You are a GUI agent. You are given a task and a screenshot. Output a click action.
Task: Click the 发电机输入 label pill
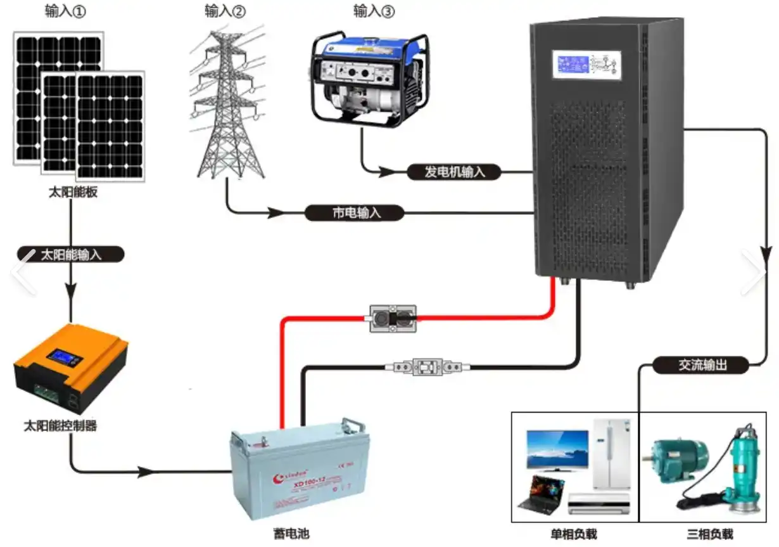coord(453,171)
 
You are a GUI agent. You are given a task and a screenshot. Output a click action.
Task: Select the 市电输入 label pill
coord(354,213)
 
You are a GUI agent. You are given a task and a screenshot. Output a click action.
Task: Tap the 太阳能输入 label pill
coord(70,255)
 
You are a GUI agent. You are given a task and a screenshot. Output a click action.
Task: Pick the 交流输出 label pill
coord(701,365)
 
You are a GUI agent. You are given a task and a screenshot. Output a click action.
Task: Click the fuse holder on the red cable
coord(393,318)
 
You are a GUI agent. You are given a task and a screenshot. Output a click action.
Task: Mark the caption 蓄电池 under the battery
coord(294,534)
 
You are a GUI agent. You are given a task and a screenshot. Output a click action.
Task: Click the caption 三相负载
coord(709,534)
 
